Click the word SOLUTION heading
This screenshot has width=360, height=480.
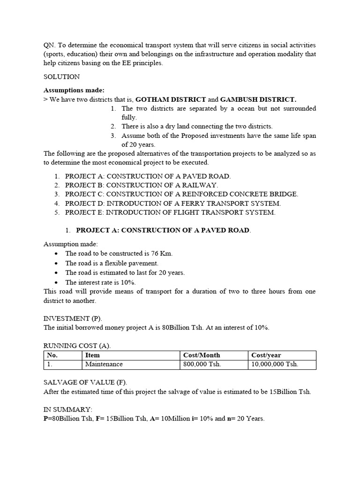point(61,76)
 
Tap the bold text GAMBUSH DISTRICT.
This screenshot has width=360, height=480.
point(258,99)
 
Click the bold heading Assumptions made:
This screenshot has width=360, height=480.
point(74,90)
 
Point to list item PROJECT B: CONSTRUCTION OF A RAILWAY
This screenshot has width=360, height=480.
point(142,185)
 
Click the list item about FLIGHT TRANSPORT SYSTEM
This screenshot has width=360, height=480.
point(170,212)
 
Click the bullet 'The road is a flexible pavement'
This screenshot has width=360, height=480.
point(112,263)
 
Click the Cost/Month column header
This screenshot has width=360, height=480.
point(202,355)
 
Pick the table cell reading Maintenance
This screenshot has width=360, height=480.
point(104,364)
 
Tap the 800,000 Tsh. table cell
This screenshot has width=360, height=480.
point(202,364)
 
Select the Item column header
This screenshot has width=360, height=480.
point(93,355)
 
